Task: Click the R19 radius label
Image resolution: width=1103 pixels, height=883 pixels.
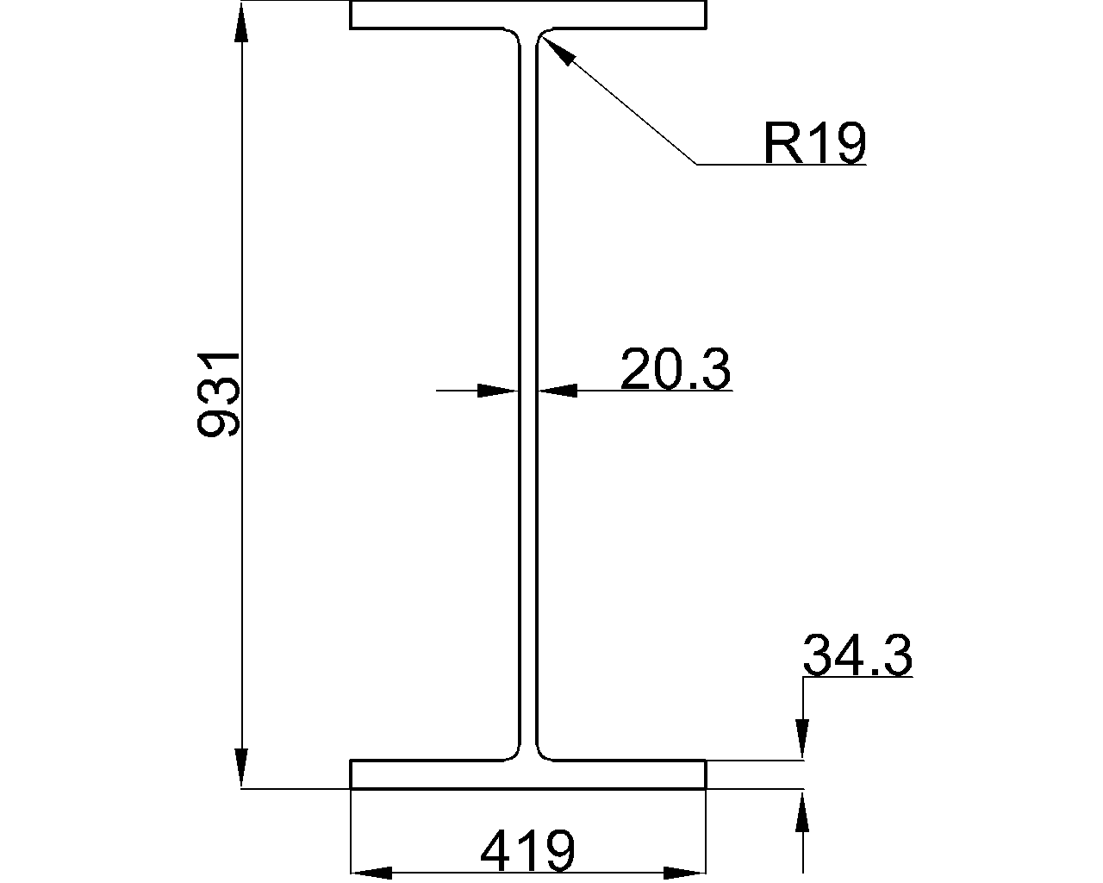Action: click(813, 143)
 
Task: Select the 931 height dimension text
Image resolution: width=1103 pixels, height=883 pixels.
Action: click(218, 394)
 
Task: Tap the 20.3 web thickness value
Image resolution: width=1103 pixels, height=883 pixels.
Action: click(676, 370)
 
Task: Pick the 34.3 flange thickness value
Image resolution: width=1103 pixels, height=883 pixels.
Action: click(857, 656)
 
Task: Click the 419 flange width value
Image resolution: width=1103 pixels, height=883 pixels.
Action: click(527, 851)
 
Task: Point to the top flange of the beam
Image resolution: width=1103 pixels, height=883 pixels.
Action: click(527, 16)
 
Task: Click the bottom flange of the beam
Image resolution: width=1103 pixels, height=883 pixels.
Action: click(527, 774)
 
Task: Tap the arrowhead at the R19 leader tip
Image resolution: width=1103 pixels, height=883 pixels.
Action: click(556, 50)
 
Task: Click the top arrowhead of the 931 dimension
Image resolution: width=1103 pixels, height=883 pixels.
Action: click(242, 22)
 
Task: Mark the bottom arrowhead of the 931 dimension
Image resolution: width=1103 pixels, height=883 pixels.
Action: click(242, 769)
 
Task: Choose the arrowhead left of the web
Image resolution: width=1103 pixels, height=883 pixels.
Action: click(500, 391)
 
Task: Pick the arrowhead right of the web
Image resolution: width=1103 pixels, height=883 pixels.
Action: click(557, 391)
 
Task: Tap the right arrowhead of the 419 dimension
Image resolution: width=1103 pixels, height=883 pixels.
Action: click(686, 873)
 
